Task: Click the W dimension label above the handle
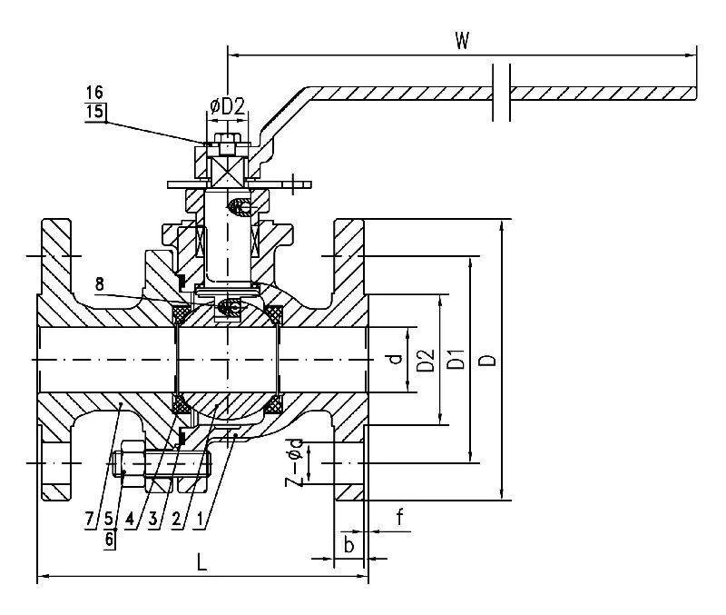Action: [462, 41]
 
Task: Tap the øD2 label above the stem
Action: [227, 107]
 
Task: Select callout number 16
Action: [94, 92]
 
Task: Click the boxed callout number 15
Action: [95, 112]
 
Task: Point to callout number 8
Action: [100, 284]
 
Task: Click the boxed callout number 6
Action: [110, 540]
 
